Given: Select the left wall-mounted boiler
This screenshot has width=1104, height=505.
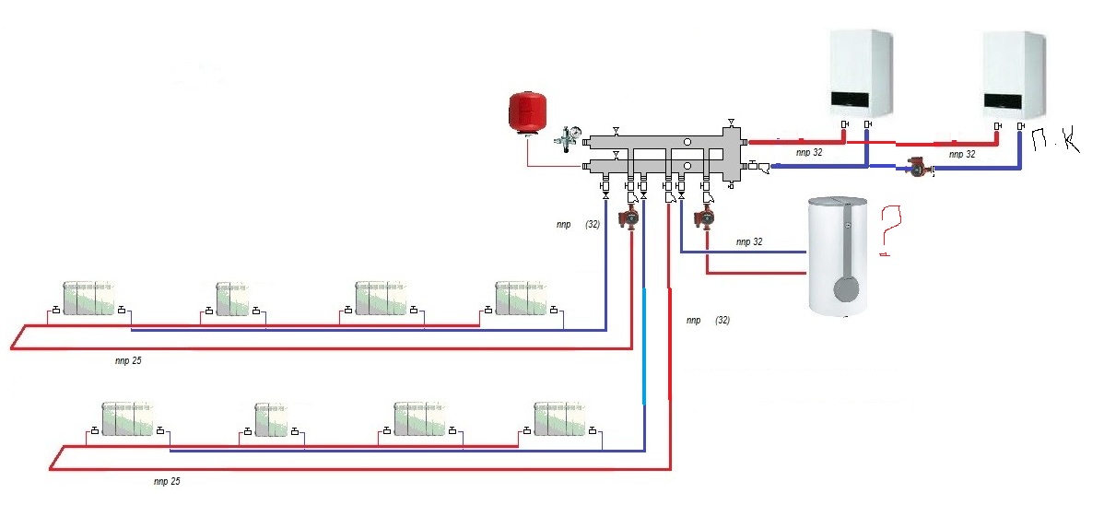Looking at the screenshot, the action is coord(861,75).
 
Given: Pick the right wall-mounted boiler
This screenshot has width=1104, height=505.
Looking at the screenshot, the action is coord(1014,75).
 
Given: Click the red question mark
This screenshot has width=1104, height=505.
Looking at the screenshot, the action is coord(888,230).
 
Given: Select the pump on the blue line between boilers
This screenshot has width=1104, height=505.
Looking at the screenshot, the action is coord(920,168).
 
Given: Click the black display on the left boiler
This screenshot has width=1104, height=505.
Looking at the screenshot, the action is coord(859,99).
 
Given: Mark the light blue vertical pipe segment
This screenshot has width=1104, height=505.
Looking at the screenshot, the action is coord(644,346).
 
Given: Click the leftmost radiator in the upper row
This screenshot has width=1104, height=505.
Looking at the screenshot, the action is coord(88,299).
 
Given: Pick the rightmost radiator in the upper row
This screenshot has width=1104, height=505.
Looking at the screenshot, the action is coord(521,299).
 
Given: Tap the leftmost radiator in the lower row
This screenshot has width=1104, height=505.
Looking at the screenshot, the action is coord(127,419).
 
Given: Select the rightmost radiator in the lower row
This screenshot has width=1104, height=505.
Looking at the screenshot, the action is coord(559,419).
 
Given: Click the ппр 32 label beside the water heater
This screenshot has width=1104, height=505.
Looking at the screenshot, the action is coord(749,241).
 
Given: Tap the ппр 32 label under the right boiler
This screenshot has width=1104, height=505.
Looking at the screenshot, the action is coord(962,154).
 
